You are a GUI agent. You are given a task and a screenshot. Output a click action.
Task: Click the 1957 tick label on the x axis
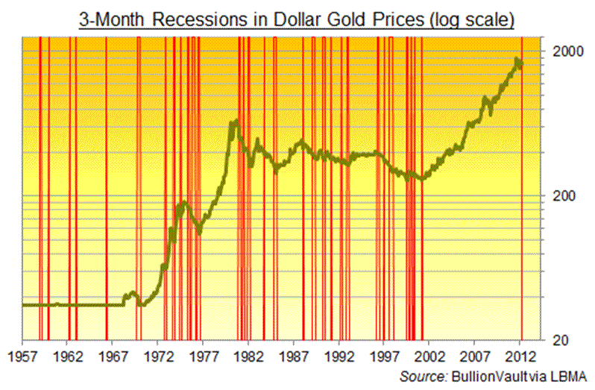(22, 356)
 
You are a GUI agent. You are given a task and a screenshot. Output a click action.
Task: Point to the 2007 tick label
(476, 356)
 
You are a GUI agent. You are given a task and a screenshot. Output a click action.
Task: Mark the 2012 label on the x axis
(521, 356)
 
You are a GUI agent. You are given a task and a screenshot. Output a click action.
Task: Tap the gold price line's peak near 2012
(517, 59)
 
